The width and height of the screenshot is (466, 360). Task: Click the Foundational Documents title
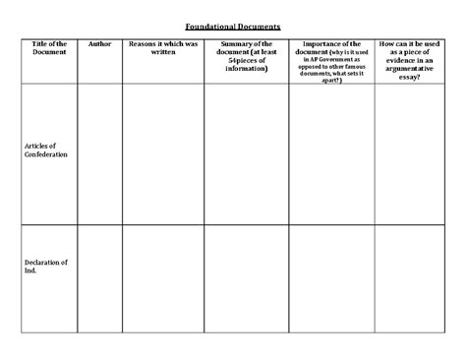click(232, 27)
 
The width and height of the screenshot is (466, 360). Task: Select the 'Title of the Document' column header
click(49, 48)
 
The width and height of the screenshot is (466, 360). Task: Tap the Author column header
click(99, 44)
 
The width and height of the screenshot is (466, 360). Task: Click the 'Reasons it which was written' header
click(163, 48)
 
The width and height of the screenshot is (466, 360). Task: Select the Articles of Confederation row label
click(46, 150)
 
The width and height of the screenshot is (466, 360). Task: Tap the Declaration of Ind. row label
click(45, 266)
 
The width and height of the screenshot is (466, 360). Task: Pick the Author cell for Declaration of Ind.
click(99, 278)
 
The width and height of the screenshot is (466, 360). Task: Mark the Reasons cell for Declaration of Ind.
click(163, 278)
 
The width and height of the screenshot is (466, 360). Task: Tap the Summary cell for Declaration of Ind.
click(247, 278)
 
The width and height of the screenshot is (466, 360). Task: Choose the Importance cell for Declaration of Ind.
click(331, 278)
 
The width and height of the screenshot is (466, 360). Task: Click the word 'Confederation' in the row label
click(46, 155)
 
